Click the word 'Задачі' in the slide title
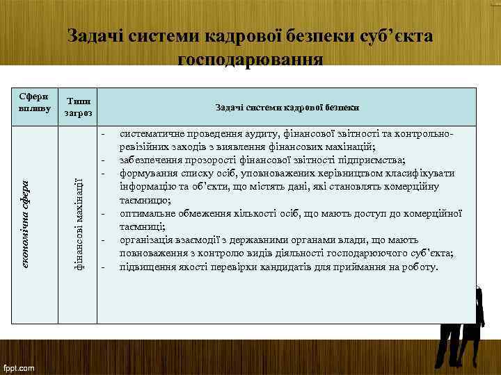(95, 35)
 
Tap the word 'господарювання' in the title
(250, 60)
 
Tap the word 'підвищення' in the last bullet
(145, 266)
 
